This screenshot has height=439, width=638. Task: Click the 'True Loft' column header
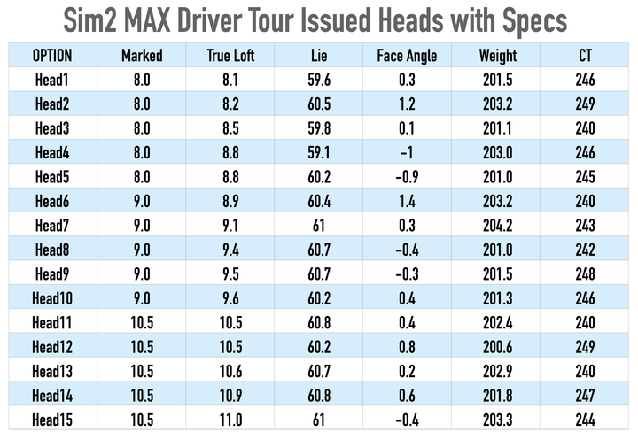(230, 57)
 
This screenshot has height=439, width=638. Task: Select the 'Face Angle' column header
(408, 57)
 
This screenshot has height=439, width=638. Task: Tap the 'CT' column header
(585, 57)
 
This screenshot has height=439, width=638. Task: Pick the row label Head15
(52, 420)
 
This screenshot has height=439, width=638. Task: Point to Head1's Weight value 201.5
(497, 81)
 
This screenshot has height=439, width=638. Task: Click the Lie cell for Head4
(319, 153)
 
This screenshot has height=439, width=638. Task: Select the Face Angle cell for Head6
(408, 201)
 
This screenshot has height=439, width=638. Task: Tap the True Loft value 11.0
(230, 420)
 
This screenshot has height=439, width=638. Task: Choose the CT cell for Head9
(585, 273)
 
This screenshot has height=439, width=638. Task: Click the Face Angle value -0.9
(408, 177)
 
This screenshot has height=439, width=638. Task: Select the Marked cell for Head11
(142, 322)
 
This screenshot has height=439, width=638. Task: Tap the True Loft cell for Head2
(230, 104)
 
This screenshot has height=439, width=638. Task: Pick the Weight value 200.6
(497, 346)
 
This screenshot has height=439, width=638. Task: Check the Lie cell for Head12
(319, 346)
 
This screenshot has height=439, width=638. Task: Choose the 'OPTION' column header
(52, 57)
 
